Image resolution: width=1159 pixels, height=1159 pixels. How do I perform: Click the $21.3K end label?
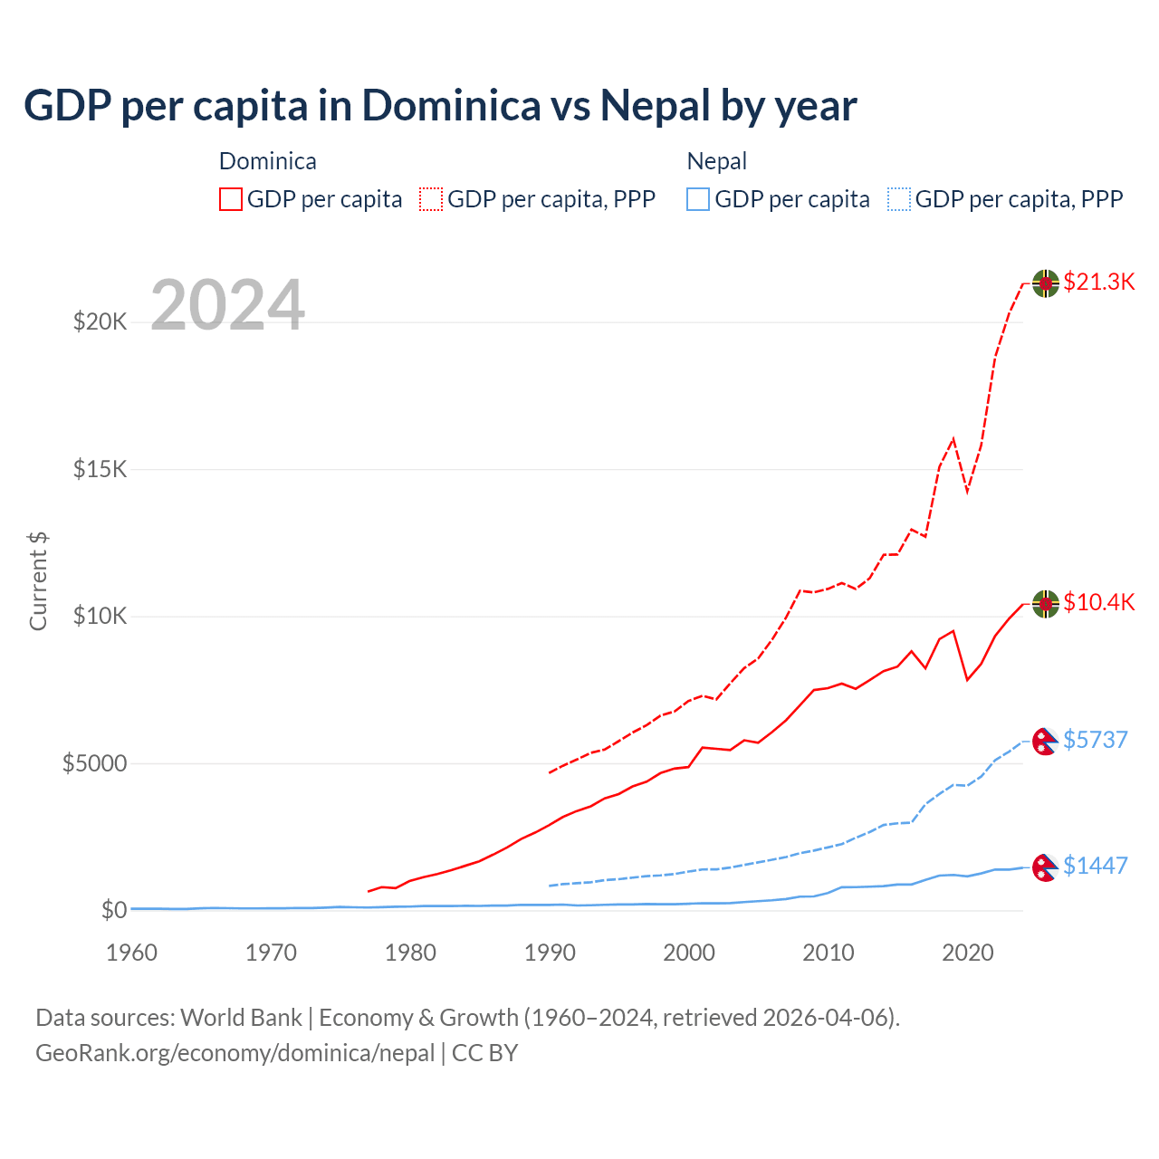(1098, 282)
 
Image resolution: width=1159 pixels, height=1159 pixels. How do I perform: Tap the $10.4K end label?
(1098, 602)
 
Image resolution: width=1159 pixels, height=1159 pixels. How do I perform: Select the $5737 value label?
(1095, 740)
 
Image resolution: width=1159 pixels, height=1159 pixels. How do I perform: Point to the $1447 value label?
(1095, 866)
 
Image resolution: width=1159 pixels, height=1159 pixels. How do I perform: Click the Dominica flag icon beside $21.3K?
(1046, 283)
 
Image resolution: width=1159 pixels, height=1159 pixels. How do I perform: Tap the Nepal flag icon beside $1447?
(1046, 867)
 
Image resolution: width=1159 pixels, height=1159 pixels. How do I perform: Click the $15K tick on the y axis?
(101, 469)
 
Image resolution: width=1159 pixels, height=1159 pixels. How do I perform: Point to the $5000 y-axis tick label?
(94, 763)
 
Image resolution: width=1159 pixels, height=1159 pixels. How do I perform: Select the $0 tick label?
(114, 910)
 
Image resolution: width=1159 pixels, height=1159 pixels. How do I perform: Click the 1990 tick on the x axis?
(550, 953)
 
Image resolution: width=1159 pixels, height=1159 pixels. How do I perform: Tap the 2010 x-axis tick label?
(829, 953)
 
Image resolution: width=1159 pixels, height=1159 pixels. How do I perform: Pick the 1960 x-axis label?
(131, 953)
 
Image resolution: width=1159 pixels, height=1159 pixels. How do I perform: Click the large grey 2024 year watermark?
(227, 306)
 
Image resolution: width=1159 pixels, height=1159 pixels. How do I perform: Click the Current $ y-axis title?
(38, 580)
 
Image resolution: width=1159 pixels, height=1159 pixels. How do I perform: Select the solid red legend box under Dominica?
(231, 199)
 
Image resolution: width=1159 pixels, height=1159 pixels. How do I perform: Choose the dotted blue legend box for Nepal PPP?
(899, 199)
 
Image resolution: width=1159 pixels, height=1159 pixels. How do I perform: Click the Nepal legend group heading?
(716, 161)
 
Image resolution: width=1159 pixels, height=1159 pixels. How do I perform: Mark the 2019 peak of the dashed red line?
(953, 439)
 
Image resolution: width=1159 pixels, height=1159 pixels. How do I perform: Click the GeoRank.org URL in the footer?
(235, 1053)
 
